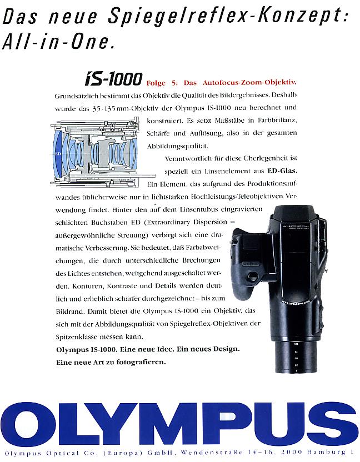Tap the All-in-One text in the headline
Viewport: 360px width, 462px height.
pos(59,42)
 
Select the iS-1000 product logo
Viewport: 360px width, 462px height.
pos(113,79)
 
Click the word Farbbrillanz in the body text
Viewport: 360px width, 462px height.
pos(271,120)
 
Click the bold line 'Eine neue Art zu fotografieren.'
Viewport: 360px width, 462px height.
pos(111,362)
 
